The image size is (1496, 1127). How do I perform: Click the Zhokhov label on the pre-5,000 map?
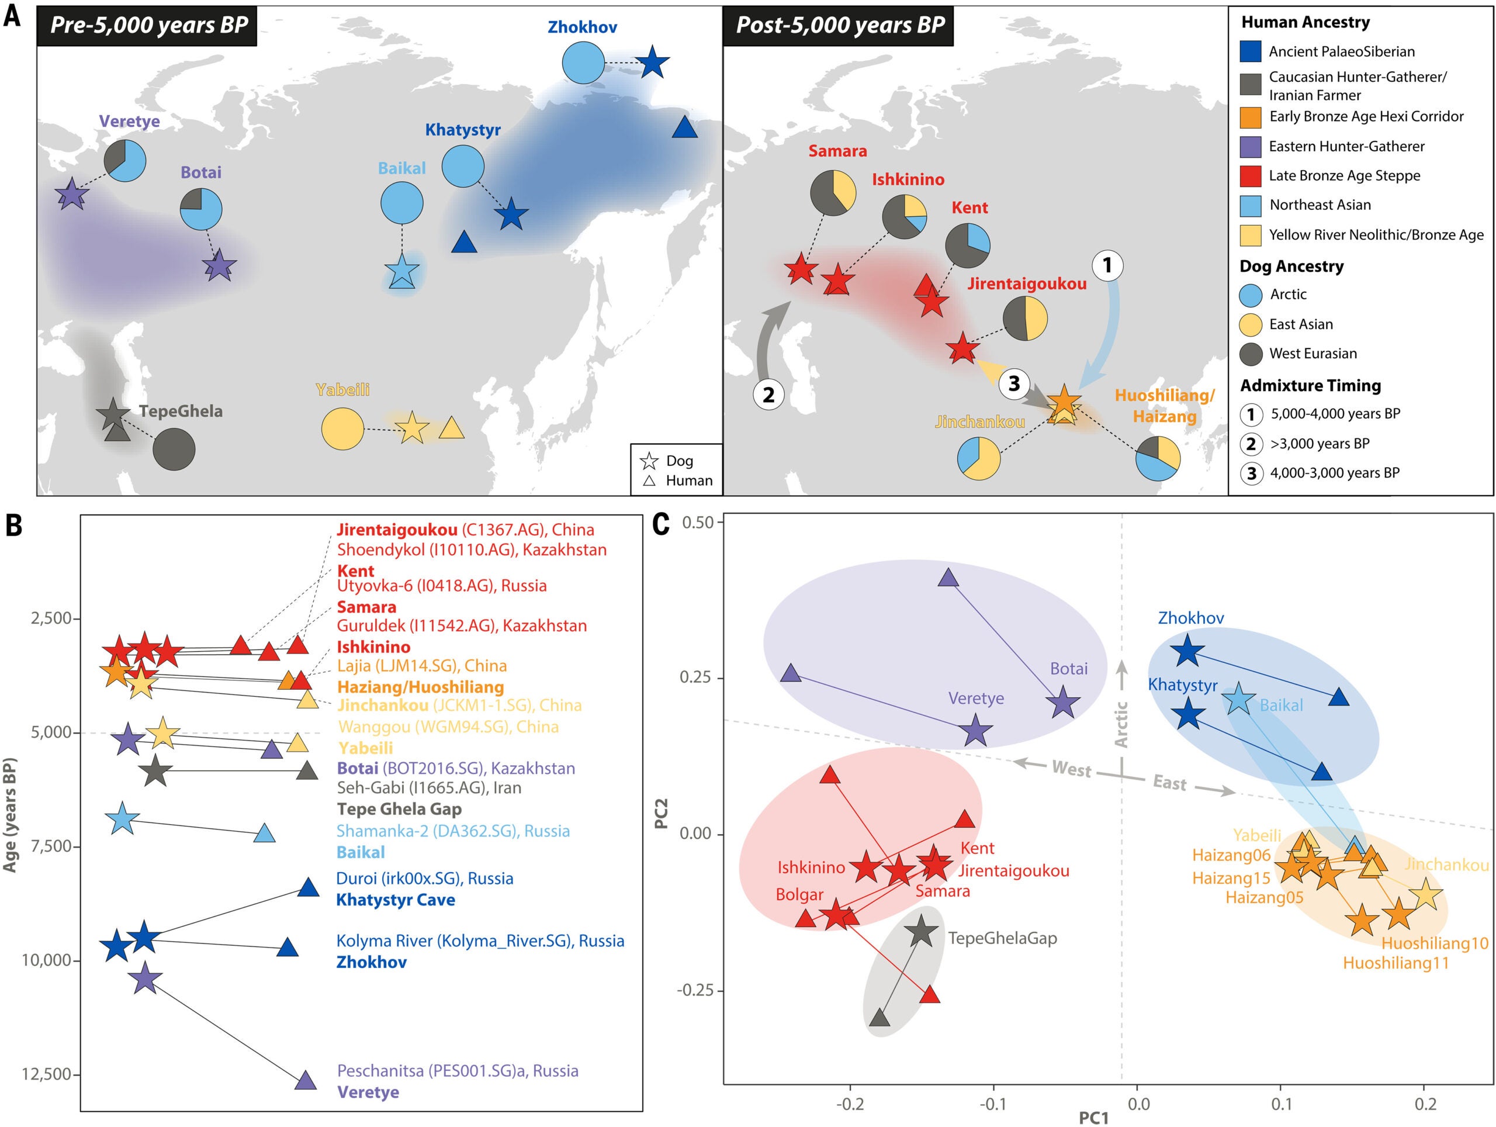582,27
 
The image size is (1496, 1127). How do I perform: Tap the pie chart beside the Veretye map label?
124,160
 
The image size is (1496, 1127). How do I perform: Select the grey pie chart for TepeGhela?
174,449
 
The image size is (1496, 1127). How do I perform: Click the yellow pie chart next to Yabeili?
342,429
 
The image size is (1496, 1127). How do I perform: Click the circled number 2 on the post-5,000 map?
768,395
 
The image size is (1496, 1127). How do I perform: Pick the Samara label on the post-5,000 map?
837,151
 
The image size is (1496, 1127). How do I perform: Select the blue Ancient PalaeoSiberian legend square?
1251,51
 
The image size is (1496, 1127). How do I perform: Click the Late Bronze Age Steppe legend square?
1251,176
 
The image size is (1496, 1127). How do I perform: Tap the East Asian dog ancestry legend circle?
1251,324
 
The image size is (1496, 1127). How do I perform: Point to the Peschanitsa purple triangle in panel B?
306,1080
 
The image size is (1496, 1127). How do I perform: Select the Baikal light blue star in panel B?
122,818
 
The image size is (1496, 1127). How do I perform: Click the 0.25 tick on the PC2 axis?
697,678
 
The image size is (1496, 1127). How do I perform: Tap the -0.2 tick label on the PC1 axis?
850,1105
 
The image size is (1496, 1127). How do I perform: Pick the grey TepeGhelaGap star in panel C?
920,933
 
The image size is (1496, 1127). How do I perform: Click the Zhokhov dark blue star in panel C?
1187,651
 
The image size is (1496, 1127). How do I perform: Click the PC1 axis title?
1093,1118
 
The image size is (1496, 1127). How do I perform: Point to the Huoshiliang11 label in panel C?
1396,963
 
